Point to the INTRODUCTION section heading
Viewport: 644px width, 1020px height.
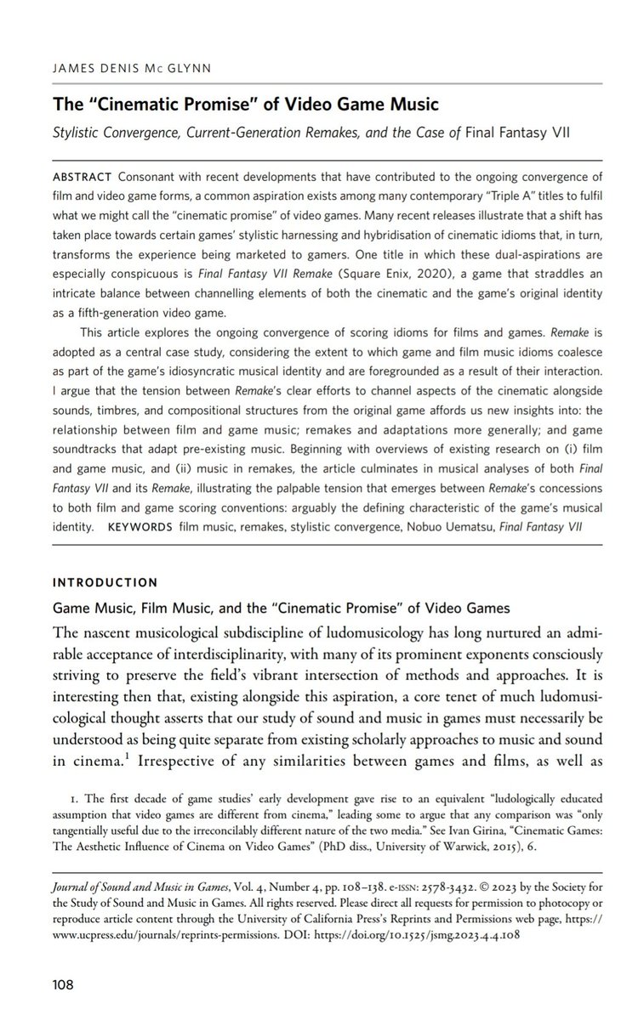pos(105,582)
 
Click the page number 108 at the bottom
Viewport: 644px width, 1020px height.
pos(64,985)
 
